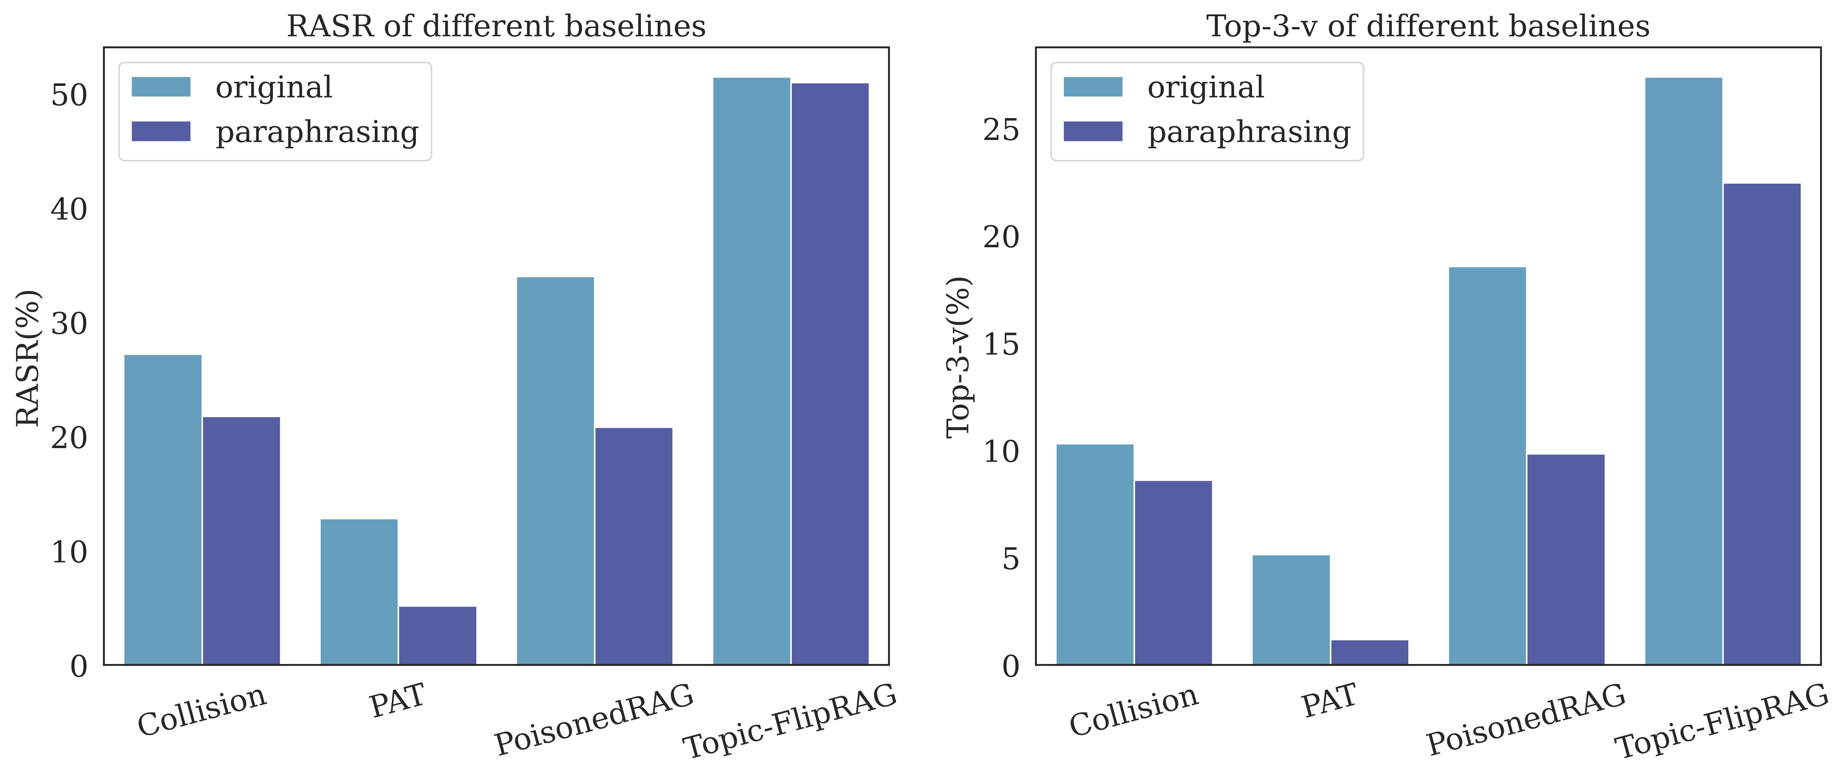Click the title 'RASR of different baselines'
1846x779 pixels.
click(496, 27)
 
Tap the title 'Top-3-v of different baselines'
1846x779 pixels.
click(1427, 27)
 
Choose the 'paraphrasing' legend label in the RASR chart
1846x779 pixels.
click(317, 132)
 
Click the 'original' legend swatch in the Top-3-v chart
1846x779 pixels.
click(1093, 87)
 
